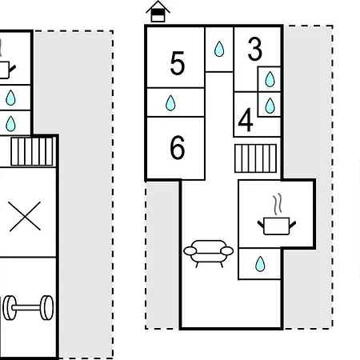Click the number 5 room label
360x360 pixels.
tap(178, 63)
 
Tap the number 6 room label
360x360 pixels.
tap(178, 147)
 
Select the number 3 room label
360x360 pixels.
tap(255, 49)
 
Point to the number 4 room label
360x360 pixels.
tap(246, 120)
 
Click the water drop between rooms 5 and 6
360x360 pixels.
tap(170, 103)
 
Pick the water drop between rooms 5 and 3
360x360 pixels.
tap(219, 49)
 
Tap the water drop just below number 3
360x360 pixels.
tap(270, 79)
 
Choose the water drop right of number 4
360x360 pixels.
tap(270, 106)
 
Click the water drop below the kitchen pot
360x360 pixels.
tap(260, 264)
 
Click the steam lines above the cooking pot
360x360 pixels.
tap(278, 204)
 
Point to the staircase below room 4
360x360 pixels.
tap(255, 158)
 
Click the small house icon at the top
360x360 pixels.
tap(158, 11)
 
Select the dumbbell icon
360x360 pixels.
tap(28, 308)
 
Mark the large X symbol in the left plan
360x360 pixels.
tap(25, 216)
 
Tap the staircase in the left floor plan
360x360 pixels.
tap(32, 151)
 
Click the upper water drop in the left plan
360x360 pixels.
tap(10, 98)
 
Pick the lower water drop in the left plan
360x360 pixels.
tap(10, 124)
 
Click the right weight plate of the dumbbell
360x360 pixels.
tap(47, 308)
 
